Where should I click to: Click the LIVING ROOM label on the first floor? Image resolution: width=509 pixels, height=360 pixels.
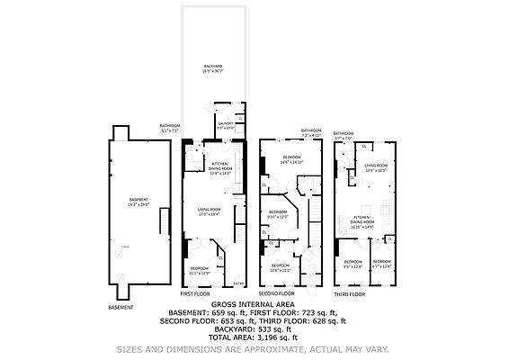tap(209, 211)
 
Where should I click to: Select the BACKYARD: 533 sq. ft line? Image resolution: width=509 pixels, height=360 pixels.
tap(255, 328)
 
